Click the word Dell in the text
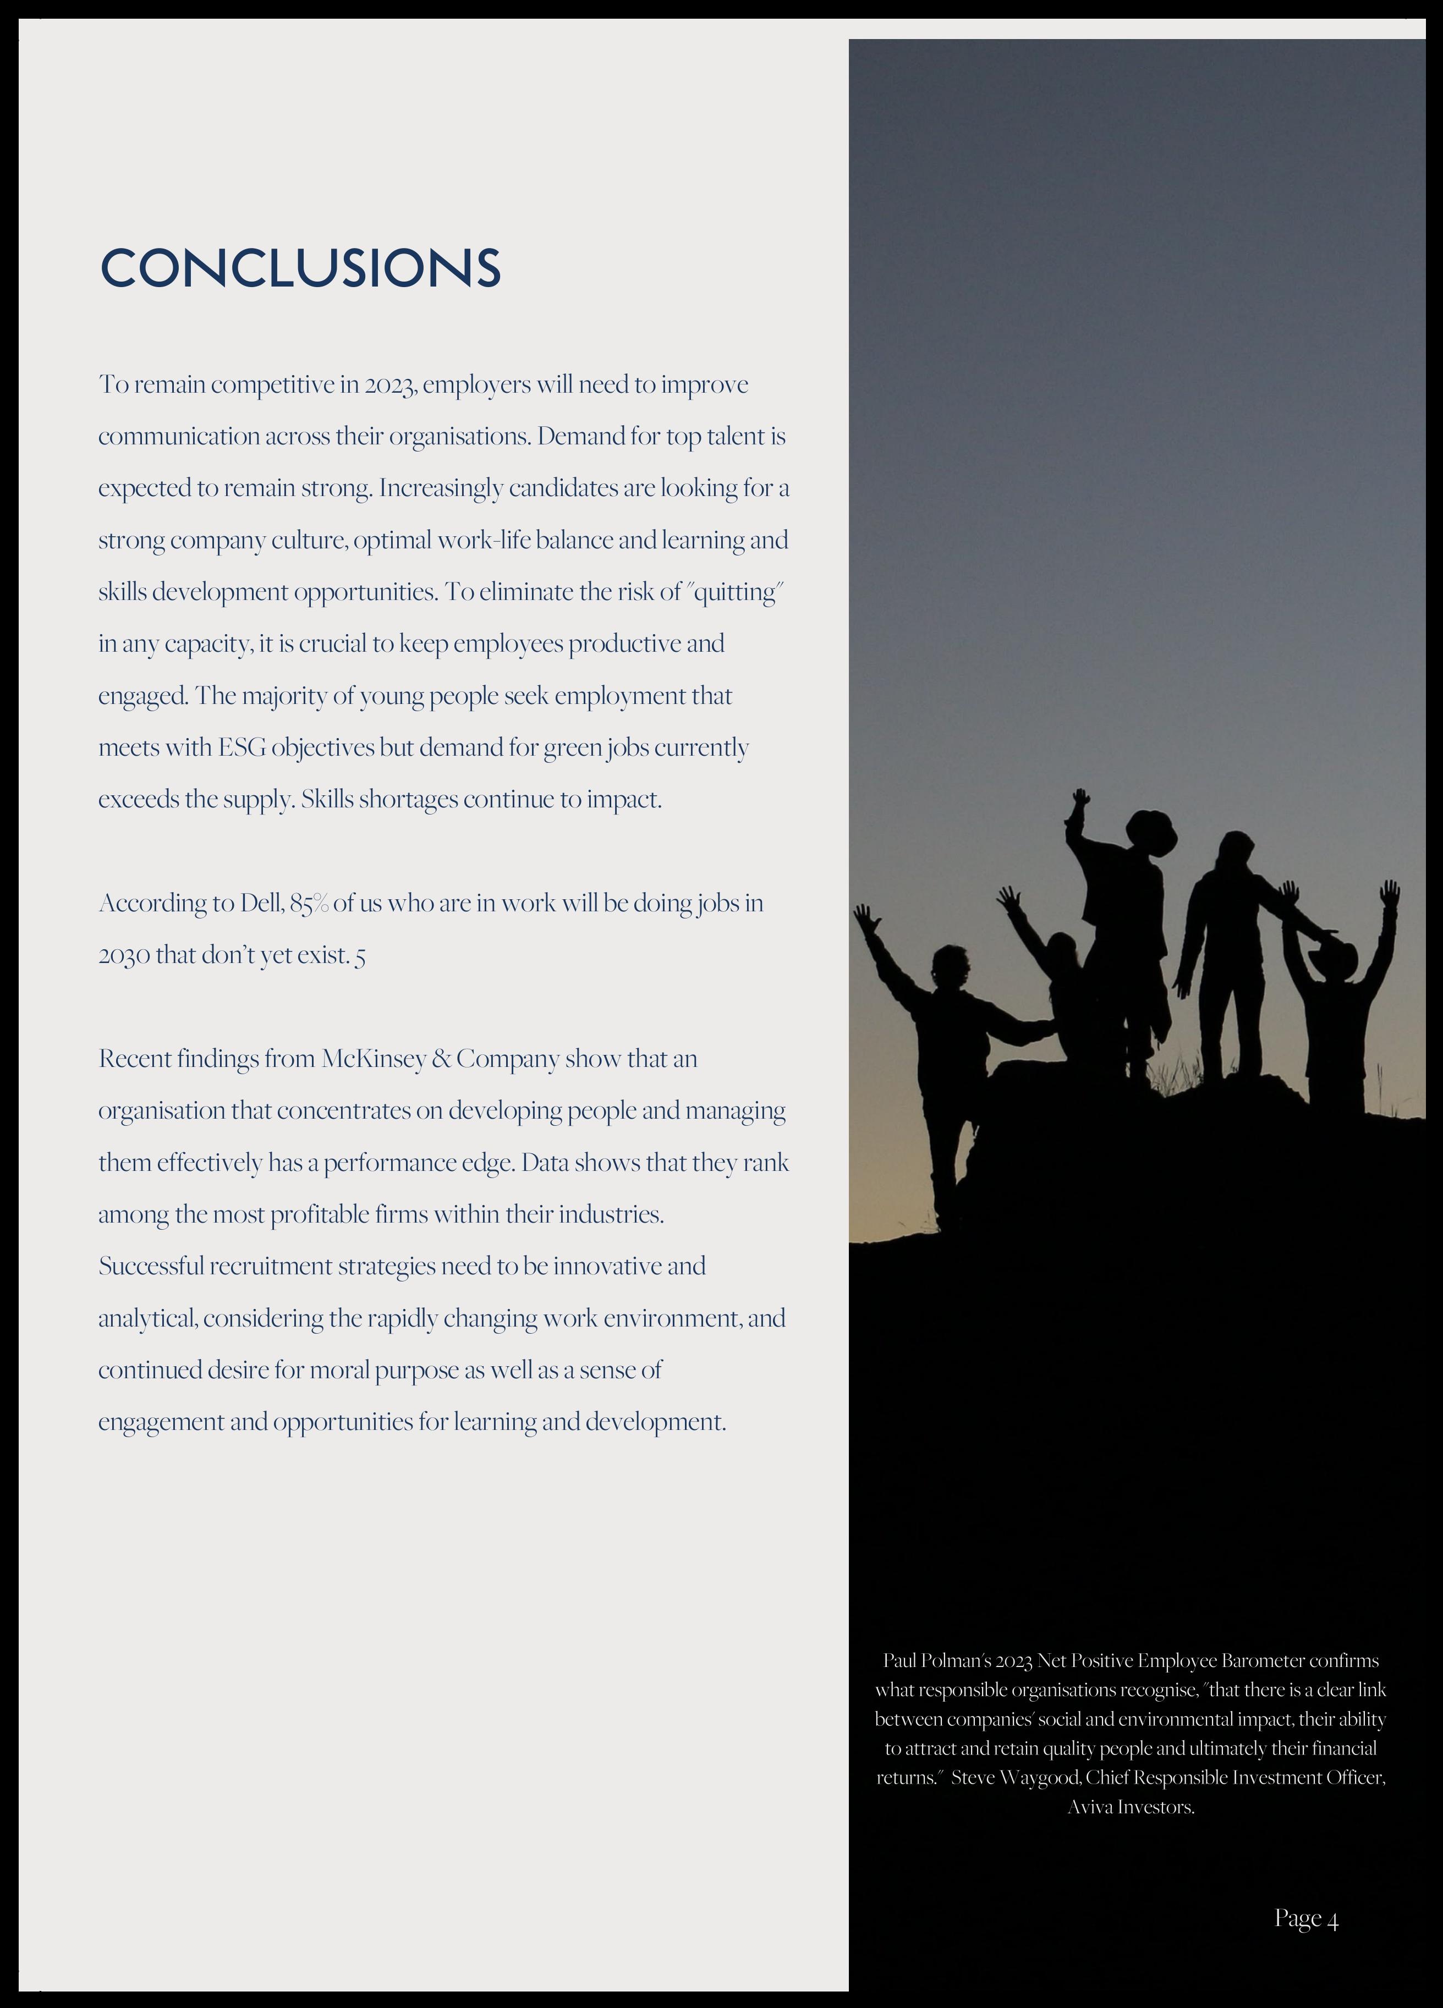pyautogui.click(x=260, y=903)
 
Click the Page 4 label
pyautogui.click(x=1305, y=1918)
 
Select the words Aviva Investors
pyautogui.click(x=1131, y=1807)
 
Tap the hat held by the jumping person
pyautogui.click(x=1151, y=832)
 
